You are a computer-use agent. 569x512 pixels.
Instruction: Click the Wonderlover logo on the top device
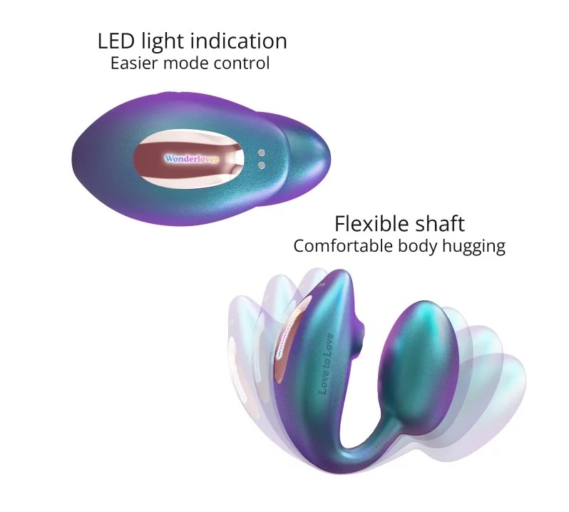(x=192, y=158)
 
